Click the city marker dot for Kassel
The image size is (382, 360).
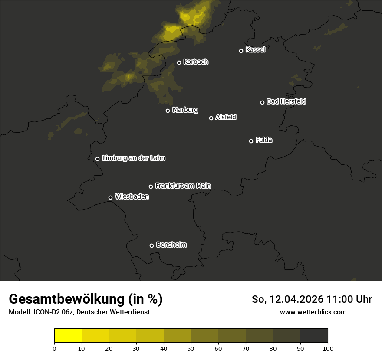(241, 51)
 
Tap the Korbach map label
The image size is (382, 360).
(196, 62)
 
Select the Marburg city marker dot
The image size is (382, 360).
(168, 111)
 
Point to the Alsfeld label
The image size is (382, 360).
(226, 117)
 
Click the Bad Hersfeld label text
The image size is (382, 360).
(286, 101)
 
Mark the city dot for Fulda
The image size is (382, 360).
(251, 141)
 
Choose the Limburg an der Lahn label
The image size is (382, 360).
(133, 158)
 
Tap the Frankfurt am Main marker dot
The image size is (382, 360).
(151, 187)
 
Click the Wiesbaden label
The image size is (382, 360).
(132, 197)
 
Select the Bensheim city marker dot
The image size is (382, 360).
(151, 245)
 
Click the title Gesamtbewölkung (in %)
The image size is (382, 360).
(86, 299)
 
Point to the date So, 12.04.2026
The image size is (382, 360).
(287, 299)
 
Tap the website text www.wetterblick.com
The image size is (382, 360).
(313, 312)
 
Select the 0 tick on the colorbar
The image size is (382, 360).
(54, 348)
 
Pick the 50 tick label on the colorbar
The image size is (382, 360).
(191, 348)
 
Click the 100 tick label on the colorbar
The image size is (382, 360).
(328, 348)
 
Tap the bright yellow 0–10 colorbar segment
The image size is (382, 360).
(68, 336)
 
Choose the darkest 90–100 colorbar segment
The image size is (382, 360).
(314, 336)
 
